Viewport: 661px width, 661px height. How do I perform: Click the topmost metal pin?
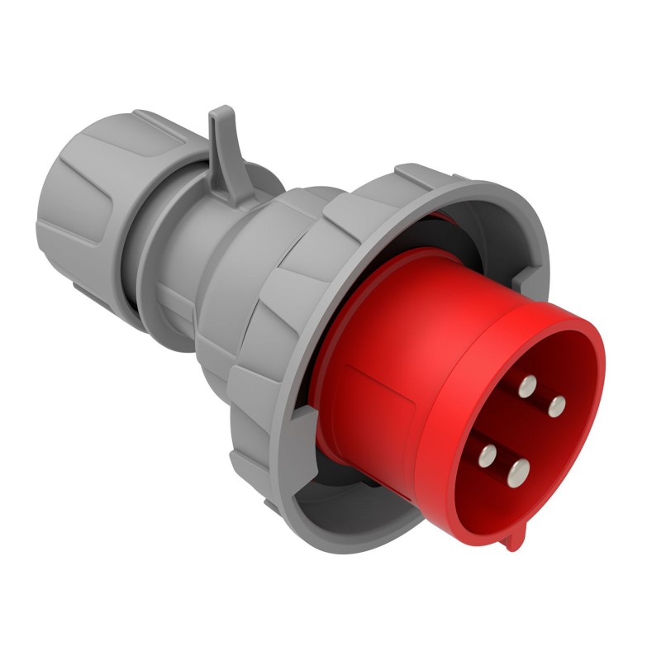click(526, 385)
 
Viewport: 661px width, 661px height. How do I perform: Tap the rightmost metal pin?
click(557, 405)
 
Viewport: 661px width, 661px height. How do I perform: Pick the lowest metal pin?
click(519, 472)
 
